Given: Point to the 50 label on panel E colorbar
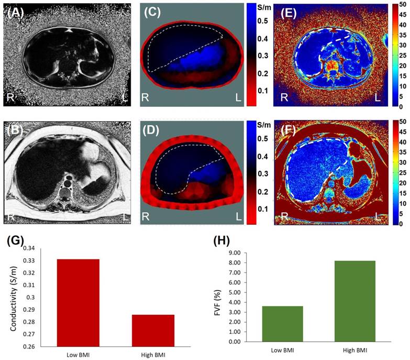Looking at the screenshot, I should click(x=402, y=5).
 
